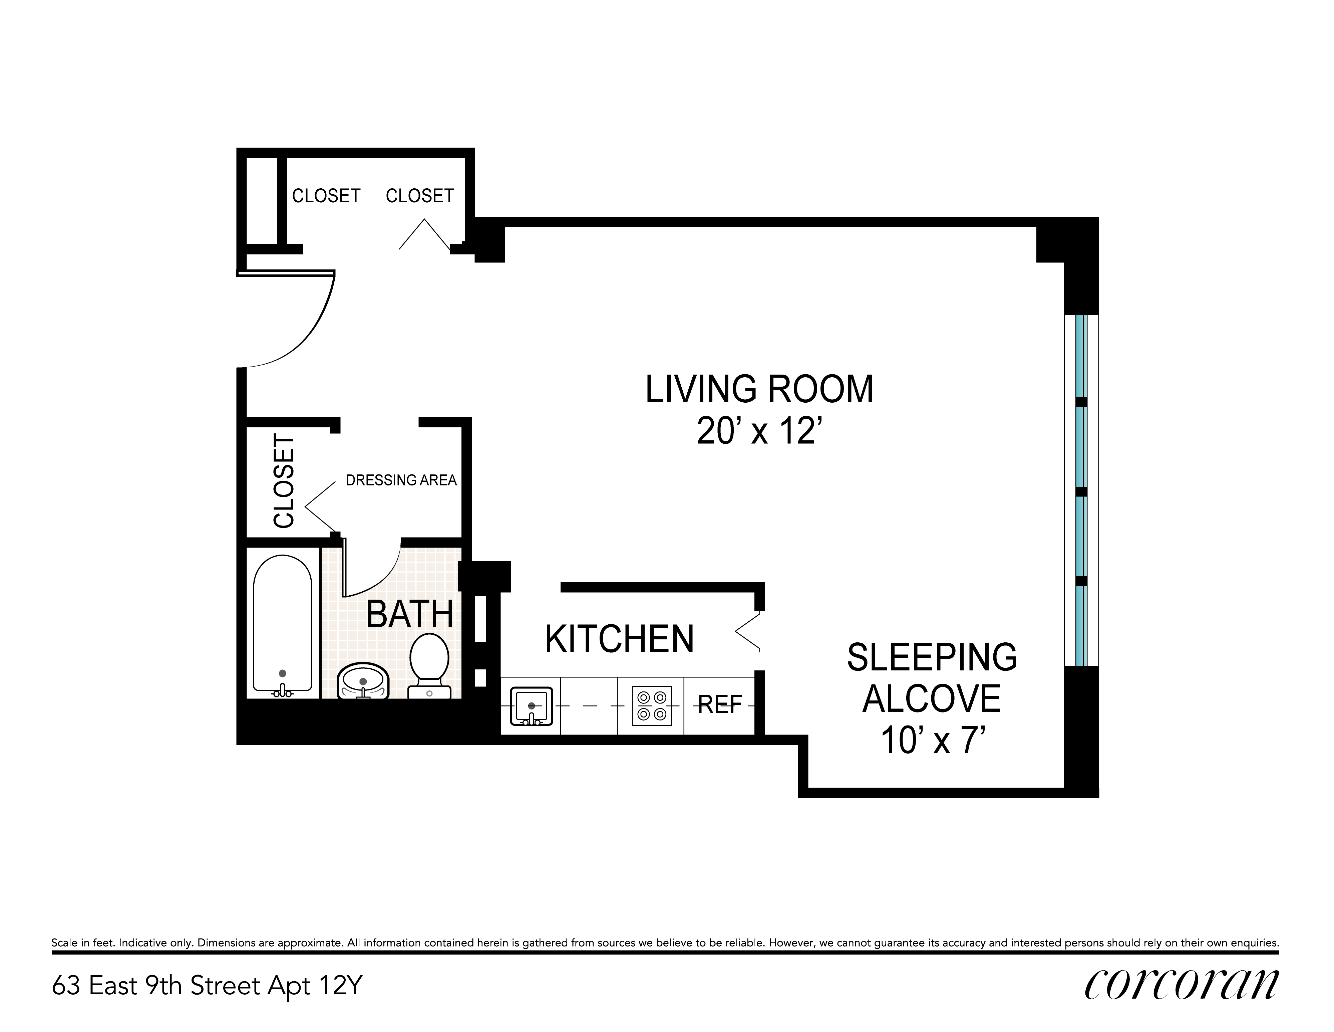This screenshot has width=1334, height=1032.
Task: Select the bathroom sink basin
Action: pyautogui.click(x=363, y=682)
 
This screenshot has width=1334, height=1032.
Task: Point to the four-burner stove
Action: pyautogui.click(x=651, y=706)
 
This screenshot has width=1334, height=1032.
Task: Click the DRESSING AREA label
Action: pyautogui.click(x=401, y=480)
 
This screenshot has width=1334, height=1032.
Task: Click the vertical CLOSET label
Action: pyautogui.click(x=284, y=481)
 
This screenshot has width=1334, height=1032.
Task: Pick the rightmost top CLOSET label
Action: pyautogui.click(x=420, y=196)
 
